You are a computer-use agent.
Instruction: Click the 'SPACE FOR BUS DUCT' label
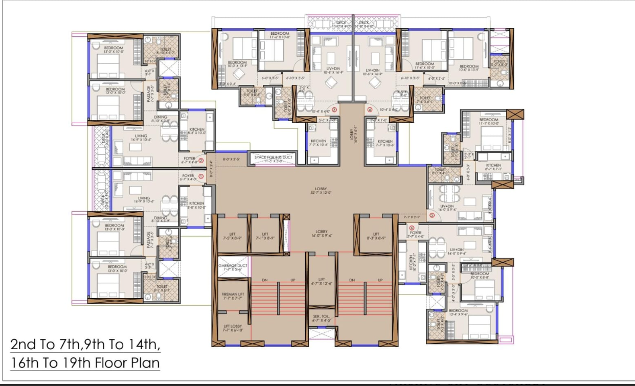(x=273, y=157)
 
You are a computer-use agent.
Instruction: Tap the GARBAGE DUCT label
(x=233, y=266)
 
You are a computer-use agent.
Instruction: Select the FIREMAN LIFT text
(x=233, y=295)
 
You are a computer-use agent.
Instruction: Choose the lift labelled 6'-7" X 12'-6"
(x=322, y=282)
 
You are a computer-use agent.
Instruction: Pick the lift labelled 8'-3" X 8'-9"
(x=376, y=236)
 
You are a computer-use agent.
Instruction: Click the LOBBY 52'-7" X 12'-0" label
(x=321, y=191)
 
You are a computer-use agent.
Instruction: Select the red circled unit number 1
(x=200, y=176)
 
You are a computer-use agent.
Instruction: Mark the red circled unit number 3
(x=334, y=109)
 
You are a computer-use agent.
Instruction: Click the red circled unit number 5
(x=432, y=216)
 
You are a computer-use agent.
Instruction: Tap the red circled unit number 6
(x=412, y=229)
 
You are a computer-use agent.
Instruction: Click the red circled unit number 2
(x=201, y=161)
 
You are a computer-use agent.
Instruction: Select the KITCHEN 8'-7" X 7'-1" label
(x=493, y=167)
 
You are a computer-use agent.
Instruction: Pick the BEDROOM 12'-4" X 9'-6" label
(x=458, y=312)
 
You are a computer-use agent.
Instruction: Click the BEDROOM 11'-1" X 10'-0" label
(x=489, y=121)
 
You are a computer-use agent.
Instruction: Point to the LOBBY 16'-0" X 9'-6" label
(x=321, y=234)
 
